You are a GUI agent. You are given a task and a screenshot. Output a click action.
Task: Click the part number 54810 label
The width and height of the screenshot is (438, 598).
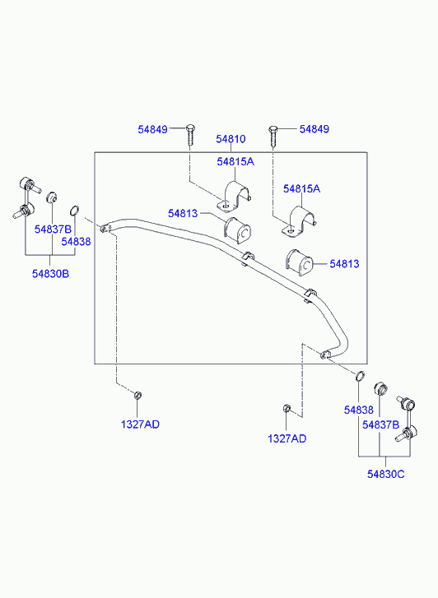(231, 139)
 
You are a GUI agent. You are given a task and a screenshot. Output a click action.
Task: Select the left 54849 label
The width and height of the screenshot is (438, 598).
(153, 129)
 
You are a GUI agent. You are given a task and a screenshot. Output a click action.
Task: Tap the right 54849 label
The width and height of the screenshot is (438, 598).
(315, 129)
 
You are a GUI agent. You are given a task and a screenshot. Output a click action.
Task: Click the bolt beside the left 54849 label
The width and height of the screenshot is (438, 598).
(190, 134)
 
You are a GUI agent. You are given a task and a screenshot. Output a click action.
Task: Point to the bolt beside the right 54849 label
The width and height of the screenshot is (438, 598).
(273, 137)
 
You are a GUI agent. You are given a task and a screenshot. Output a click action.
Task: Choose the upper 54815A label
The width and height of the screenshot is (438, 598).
(235, 162)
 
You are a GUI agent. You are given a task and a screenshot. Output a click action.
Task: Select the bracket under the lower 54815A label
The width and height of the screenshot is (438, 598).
(300, 222)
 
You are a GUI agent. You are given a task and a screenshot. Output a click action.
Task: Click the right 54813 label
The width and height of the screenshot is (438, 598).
(344, 264)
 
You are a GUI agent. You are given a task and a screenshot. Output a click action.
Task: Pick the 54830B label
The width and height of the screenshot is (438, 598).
(50, 274)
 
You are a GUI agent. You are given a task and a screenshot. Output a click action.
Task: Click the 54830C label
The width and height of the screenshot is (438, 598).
(385, 475)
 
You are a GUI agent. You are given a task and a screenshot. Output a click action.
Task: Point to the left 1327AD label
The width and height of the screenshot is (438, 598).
(140, 424)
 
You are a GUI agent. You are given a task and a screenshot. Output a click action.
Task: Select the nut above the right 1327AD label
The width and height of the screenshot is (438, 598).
(287, 409)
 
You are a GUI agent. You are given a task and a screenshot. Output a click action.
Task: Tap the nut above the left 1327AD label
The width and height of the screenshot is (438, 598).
(138, 395)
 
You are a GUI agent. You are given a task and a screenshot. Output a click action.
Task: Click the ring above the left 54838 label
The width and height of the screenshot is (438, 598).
(75, 210)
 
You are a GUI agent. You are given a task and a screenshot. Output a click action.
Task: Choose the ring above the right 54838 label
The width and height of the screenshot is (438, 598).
(360, 376)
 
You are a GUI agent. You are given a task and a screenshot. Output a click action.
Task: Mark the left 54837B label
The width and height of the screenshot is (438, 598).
(53, 229)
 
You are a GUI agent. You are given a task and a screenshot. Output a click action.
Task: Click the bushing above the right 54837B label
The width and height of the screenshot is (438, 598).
(380, 388)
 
